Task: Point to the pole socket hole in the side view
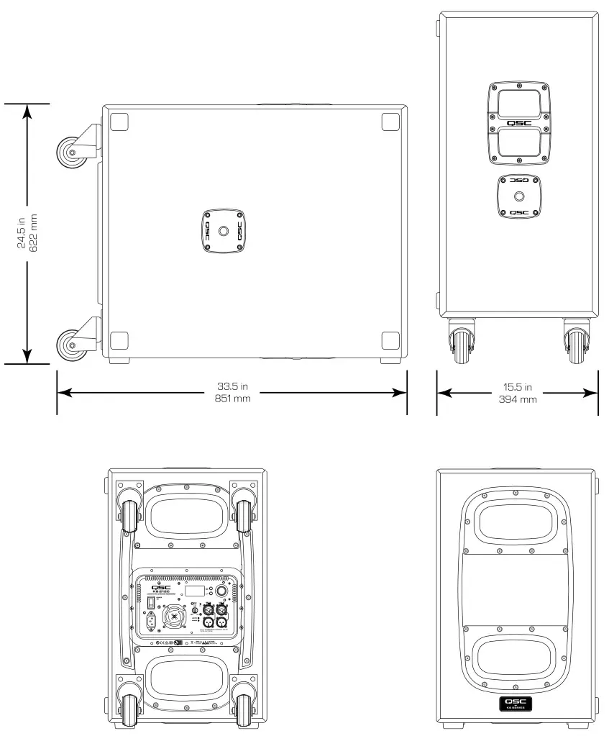[223, 232]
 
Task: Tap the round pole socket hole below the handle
[518, 196]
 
